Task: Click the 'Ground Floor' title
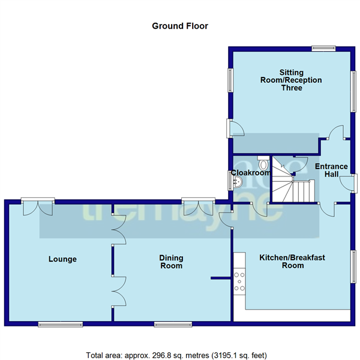(x=179, y=26)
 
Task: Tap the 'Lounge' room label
(x=62, y=259)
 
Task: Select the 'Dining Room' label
(x=171, y=262)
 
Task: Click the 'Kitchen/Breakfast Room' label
(x=292, y=261)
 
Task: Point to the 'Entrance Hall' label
(x=331, y=170)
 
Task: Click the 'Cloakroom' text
(x=251, y=173)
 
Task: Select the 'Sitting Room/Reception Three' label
(x=290, y=80)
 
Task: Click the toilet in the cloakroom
(x=263, y=163)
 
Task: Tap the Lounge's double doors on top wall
(x=37, y=206)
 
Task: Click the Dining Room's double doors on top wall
(x=199, y=206)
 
